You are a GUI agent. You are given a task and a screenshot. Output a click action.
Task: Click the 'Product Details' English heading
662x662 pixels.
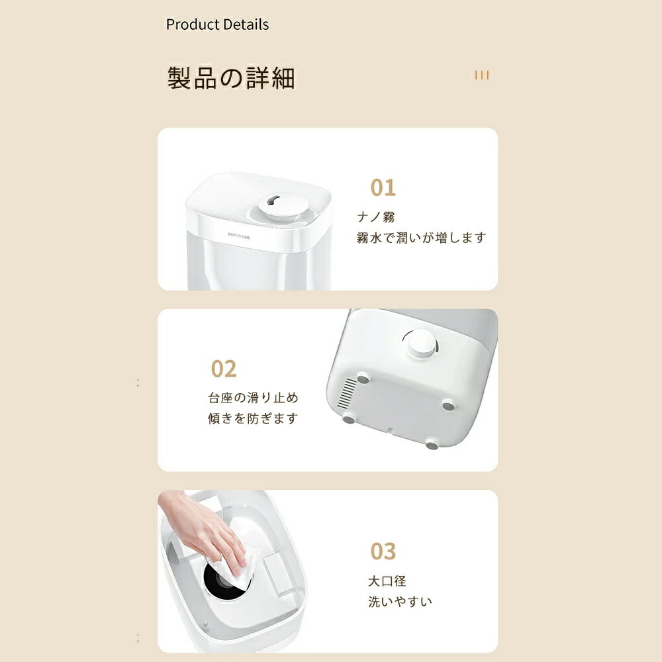click(217, 24)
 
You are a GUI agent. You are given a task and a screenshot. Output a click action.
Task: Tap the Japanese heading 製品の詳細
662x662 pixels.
click(231, 78)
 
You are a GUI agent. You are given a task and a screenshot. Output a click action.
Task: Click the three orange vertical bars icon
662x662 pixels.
click(482, 75)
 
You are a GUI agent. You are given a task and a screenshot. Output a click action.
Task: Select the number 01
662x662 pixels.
click(383, 188)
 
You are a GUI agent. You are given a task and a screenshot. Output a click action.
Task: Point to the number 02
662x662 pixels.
click(224, 369)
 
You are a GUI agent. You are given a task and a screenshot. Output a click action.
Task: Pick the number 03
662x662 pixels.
click(383, 551)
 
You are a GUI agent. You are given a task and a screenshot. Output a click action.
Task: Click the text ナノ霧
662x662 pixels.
click(376, 217)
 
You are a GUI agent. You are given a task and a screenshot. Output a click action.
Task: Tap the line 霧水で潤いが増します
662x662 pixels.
click(421, 238)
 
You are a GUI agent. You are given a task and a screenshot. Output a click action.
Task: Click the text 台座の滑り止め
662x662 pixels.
click(254, 398)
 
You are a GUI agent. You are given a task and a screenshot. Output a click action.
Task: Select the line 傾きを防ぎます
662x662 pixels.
click(253, 418)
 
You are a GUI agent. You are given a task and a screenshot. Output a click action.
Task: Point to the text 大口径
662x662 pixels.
click(387, 581)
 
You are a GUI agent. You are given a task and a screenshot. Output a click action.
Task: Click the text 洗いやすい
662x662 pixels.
click(400, 602)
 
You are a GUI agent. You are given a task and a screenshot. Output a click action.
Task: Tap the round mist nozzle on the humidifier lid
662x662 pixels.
click(283, 205)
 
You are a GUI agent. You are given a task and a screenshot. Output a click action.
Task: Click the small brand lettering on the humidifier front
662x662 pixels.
click(238, 236)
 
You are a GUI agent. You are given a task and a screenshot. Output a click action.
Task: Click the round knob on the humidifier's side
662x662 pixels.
click(420, 343)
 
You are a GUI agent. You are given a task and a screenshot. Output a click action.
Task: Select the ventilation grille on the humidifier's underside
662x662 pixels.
click(348, 393)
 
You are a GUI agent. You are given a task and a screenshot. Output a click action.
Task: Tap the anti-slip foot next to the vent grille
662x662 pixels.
click(363, 379)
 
